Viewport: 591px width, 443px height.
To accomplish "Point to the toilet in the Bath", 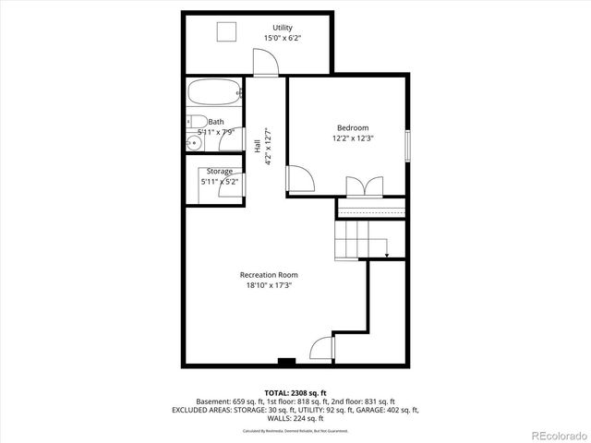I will [196, 122].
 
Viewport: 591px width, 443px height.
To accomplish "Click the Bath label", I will [216, 122].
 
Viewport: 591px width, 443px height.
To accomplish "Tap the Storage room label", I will [220, 171].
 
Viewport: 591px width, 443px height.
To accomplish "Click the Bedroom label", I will [352, 127].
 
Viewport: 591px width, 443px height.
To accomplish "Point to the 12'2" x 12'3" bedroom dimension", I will [352, 138].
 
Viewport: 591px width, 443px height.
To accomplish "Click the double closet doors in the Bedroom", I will [361, 186].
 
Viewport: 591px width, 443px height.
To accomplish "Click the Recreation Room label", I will [269, 274].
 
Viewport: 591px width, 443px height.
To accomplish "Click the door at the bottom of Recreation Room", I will [321, 350].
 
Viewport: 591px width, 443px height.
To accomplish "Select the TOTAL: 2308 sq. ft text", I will [295, 392].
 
